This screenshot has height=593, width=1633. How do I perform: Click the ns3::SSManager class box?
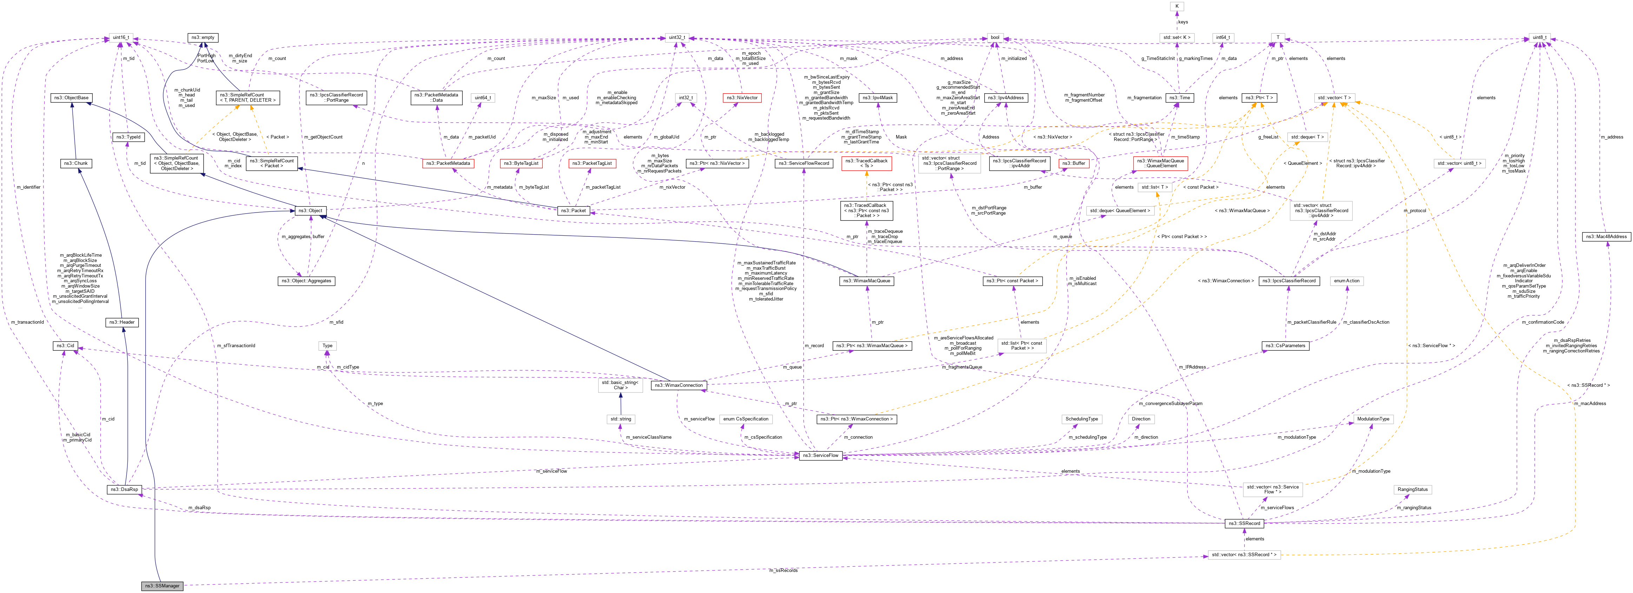tap(162, 585)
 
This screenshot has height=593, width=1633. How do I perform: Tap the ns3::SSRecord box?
tap(1244, 523)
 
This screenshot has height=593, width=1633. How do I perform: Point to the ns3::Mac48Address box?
tap(1606, 236)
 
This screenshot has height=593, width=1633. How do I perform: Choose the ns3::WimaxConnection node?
tap(678, 385)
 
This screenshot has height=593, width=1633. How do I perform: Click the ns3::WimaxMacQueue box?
tap(867, 281)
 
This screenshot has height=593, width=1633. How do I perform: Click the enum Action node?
tap(1347, 281)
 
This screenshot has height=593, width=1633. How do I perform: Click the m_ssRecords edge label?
tap(784, 570)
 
